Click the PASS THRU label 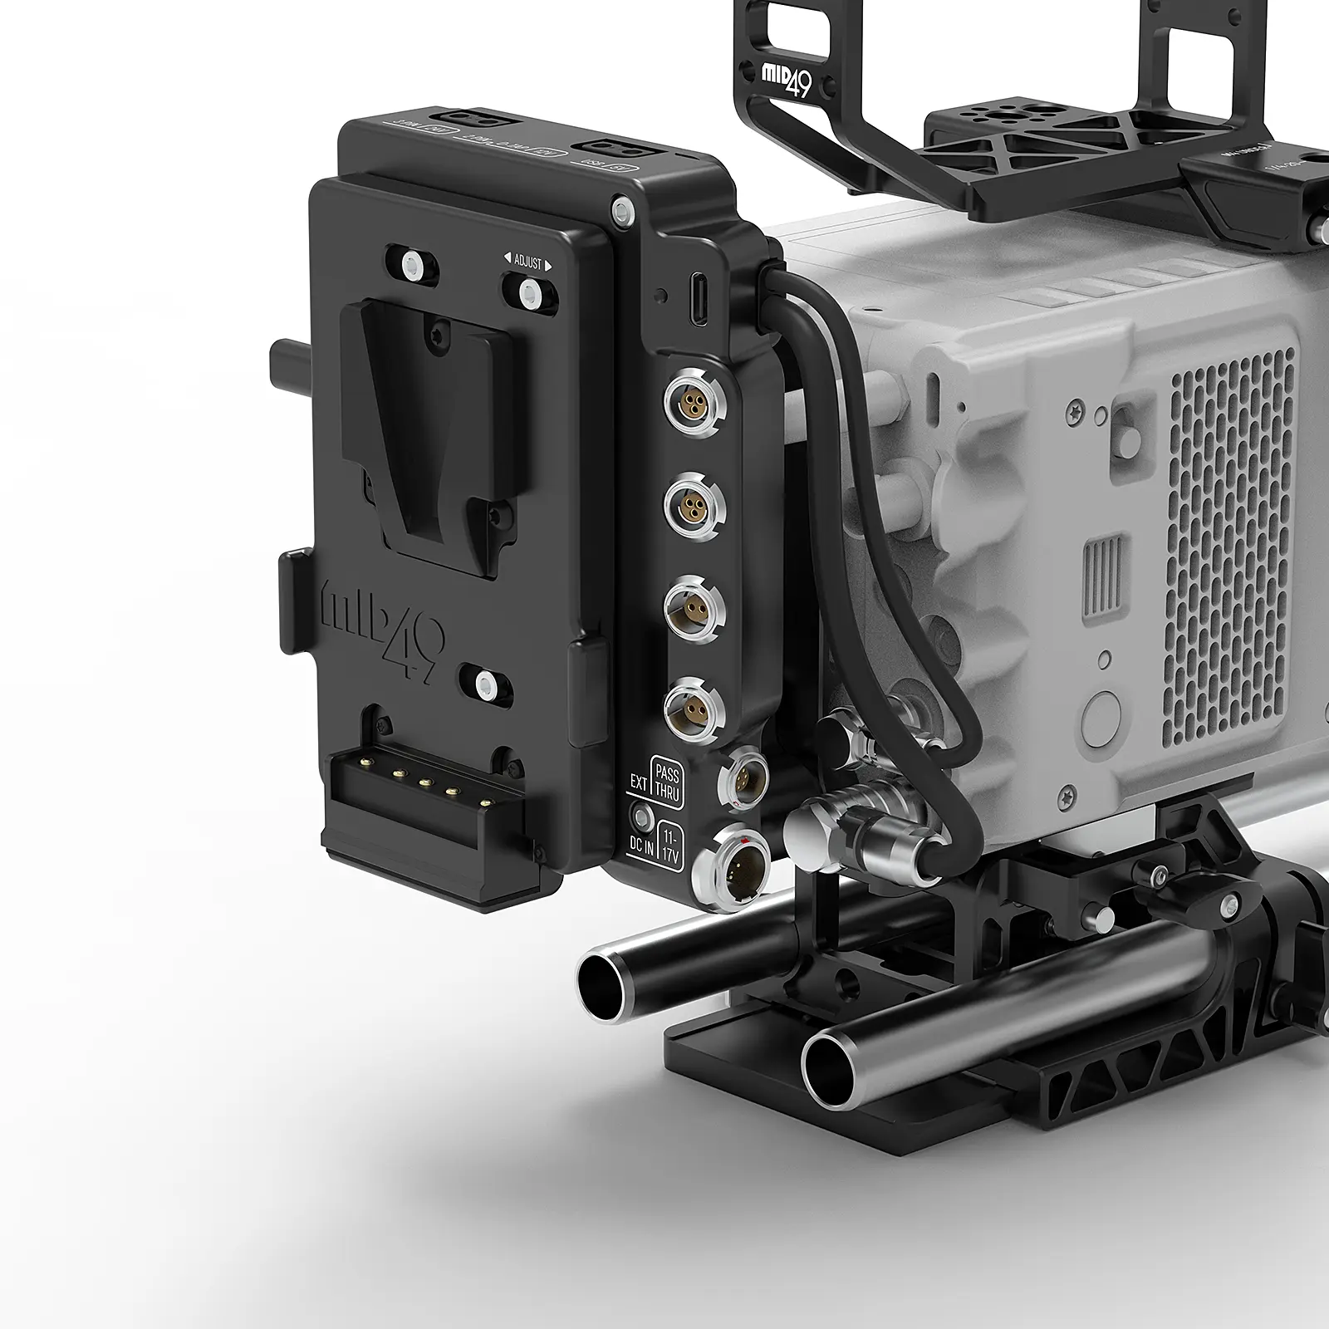point(666,783)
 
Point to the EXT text point(639,782)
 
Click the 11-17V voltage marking point(669,846)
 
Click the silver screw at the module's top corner point(619,208)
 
